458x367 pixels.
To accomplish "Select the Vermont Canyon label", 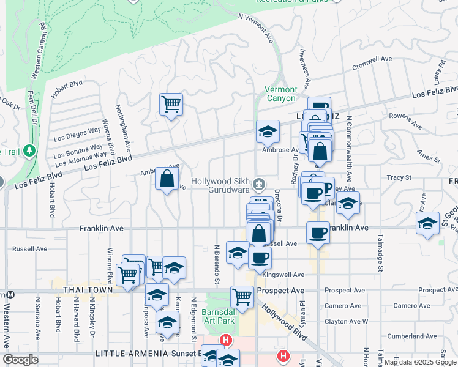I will pos(280,94).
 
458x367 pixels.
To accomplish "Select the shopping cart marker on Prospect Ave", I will pos(242,297).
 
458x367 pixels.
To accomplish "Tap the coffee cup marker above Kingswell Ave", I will pos(260,258).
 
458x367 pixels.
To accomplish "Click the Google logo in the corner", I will pos(20,360).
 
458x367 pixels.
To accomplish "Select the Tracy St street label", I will pos(399,177).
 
